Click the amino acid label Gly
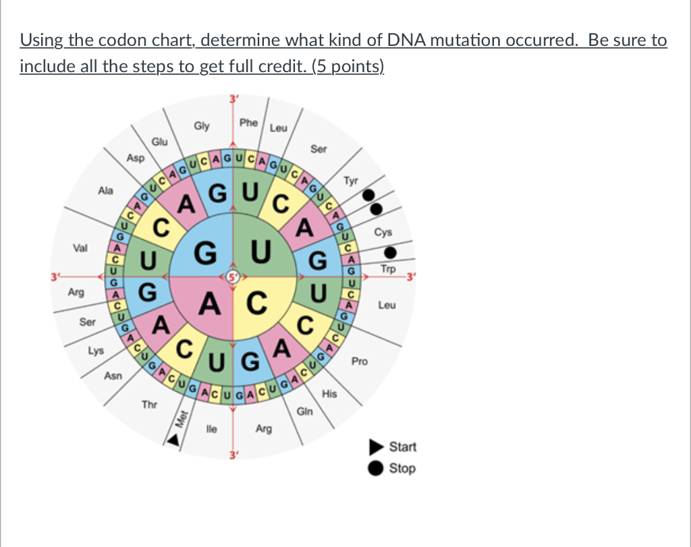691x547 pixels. [201, 126]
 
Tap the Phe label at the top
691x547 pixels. [248, 123]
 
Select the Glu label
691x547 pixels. [159, 142]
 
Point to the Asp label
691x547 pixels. [135, 157]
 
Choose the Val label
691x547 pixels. [80, 248]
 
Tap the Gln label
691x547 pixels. [304, 411]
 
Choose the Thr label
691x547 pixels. [149, 405]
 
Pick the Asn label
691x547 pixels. [113, 376]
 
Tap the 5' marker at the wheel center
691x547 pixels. [233, 277]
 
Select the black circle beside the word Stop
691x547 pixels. [376, 468]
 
